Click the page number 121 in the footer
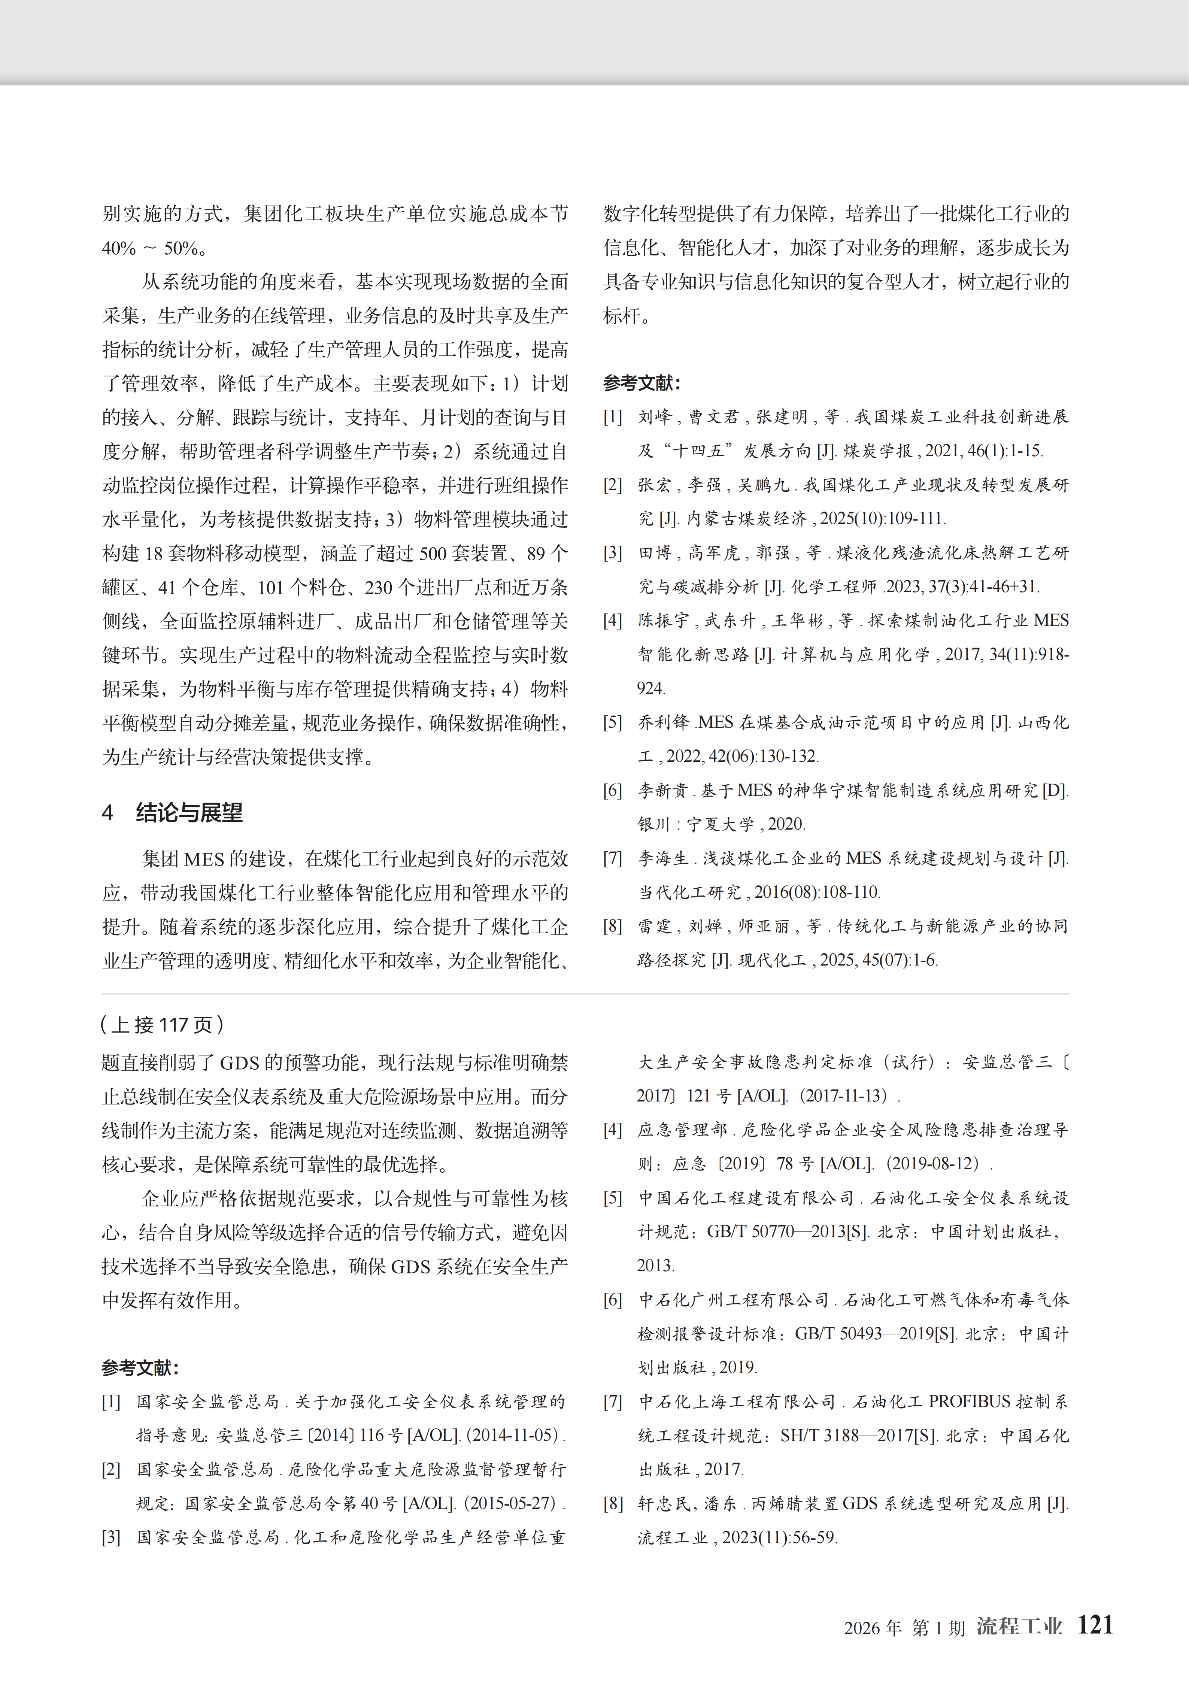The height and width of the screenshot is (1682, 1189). (1095, 1625)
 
